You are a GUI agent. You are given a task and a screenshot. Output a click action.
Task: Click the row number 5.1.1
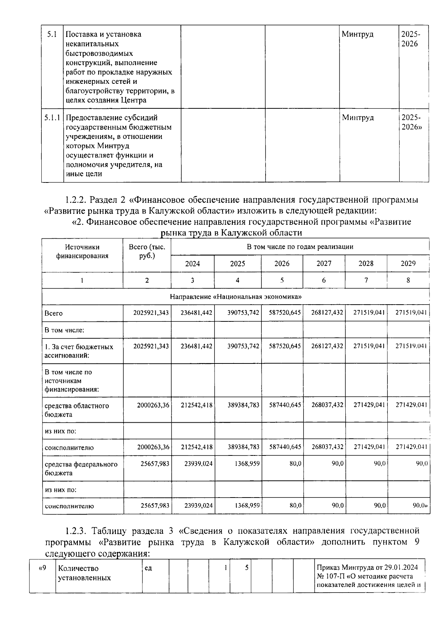(52, 118)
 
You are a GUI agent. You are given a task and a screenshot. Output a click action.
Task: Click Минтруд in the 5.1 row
(357, 34)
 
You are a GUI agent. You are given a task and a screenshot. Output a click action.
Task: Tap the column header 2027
(324, 264)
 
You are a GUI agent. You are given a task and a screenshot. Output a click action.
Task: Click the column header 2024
(192, 264)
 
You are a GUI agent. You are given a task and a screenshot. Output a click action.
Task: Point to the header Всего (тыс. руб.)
(147, 251)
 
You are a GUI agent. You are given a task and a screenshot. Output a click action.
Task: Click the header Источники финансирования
(82, 251)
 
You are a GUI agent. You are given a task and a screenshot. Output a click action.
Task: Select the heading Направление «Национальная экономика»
(235, 297)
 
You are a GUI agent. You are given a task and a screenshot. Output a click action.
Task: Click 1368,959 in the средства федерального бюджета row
(247, 464)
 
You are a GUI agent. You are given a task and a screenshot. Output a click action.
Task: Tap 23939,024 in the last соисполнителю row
(199, 506)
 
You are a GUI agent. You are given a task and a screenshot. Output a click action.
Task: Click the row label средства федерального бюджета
(81, 468)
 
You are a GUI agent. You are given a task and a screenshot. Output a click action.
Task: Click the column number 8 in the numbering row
(408, 280)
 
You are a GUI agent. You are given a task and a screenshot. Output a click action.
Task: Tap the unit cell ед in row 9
(148, 568)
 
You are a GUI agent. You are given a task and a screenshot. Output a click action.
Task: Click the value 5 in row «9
(246, 568)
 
